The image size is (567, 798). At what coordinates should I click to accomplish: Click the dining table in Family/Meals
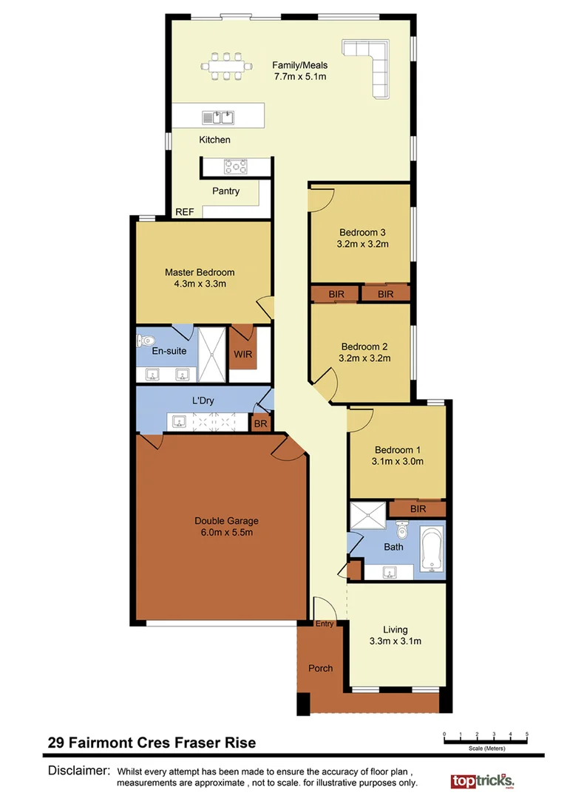(x=226, y=65)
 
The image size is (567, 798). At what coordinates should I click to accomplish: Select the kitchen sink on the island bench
(x=218, y=117)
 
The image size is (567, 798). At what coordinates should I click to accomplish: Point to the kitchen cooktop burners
(x=236, y=167)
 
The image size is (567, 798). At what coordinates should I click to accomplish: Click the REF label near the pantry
(x=184, y=212)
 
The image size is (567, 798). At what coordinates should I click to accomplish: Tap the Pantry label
(x=225, y=191)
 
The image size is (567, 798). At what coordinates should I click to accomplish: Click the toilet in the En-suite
(x=144, y=341)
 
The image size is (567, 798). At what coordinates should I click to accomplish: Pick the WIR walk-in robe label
(x=243, y=355)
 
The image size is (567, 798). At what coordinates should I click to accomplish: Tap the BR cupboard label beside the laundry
(x=260, y=424)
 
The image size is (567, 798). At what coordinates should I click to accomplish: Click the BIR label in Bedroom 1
(x=418, y=509)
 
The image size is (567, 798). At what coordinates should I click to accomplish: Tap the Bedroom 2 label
(x=364, y=346)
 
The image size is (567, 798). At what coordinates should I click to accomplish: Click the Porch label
(x=320, y=668)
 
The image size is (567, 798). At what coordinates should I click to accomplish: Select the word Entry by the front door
(x=325, y=624)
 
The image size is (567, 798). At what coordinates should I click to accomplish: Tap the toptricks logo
(x=482, y=780)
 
